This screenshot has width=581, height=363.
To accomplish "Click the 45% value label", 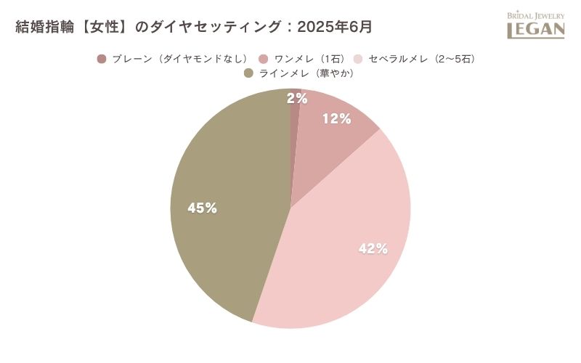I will pyautogui.click(x=202, y=208).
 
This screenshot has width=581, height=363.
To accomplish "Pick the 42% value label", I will pyautogui.click(x=373, y=248).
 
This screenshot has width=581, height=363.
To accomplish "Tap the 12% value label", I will pyautogui.click(x=336, y=118).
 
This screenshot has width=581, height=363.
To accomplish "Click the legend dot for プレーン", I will pyautogui.click(x=102, y=59).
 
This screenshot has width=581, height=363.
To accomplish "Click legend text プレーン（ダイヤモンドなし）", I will pyautogui.click(x=180, y=59).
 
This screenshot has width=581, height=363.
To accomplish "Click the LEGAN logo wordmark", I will pyautogui.click(x=535, y=30).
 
